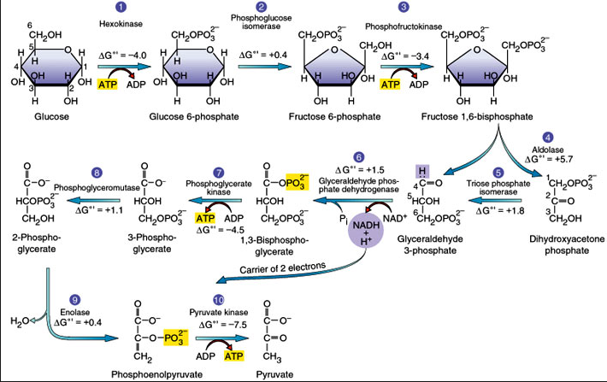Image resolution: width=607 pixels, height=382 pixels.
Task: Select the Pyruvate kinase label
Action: pyautogui.click(x=221, y=313)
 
